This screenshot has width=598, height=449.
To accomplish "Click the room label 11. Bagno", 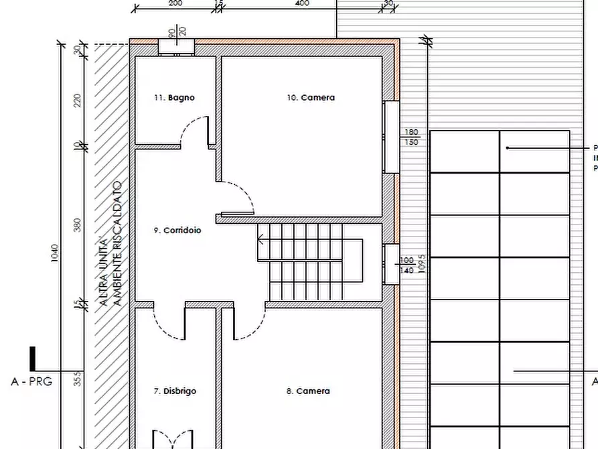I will (x=174, y=98).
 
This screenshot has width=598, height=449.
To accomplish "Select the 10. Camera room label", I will (x=311, y=98).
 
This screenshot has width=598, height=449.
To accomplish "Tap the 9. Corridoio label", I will (x=177, y=231).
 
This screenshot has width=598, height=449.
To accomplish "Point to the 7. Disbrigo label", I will (x=175, y=391).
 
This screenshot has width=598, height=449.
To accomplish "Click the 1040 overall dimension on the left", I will (x=55, y=253).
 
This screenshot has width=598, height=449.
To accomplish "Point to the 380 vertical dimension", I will (x=77, y=224).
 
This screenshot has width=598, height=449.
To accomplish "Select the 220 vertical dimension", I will (x=77, y=101).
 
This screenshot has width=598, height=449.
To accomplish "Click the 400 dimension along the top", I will (x=302, y=3).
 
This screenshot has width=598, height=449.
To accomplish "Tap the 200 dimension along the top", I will (x=175, y=3).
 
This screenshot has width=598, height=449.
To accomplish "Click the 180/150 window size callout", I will (x=410, y=137).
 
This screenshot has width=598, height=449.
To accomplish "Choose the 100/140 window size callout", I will (x=407, y=265).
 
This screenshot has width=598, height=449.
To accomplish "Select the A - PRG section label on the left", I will (x=31, y=382).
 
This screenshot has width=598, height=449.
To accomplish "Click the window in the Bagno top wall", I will (x=177, y=46).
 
